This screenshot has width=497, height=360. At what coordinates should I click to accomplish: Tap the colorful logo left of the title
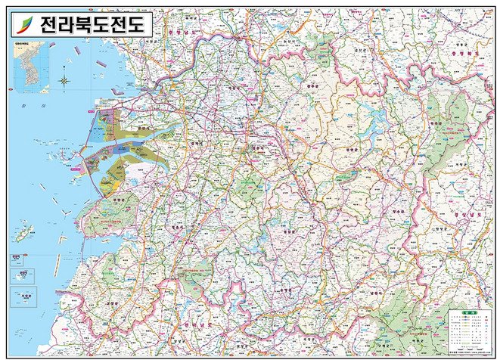(x=24, y=26)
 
